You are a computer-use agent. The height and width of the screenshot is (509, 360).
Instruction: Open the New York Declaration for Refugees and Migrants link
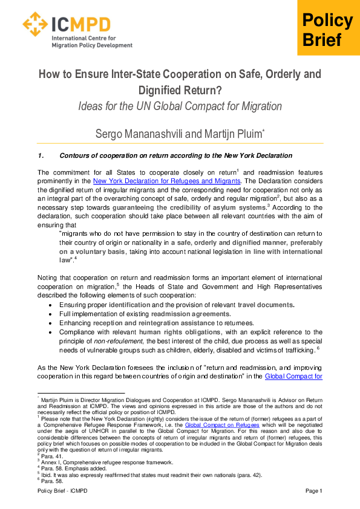pos(167,181)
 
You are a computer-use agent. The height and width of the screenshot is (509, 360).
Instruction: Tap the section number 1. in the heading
pos(41,156)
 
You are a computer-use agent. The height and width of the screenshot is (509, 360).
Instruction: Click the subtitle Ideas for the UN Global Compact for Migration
pos(180,106)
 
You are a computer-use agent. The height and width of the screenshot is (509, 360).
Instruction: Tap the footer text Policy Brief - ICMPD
pos(62,490)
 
